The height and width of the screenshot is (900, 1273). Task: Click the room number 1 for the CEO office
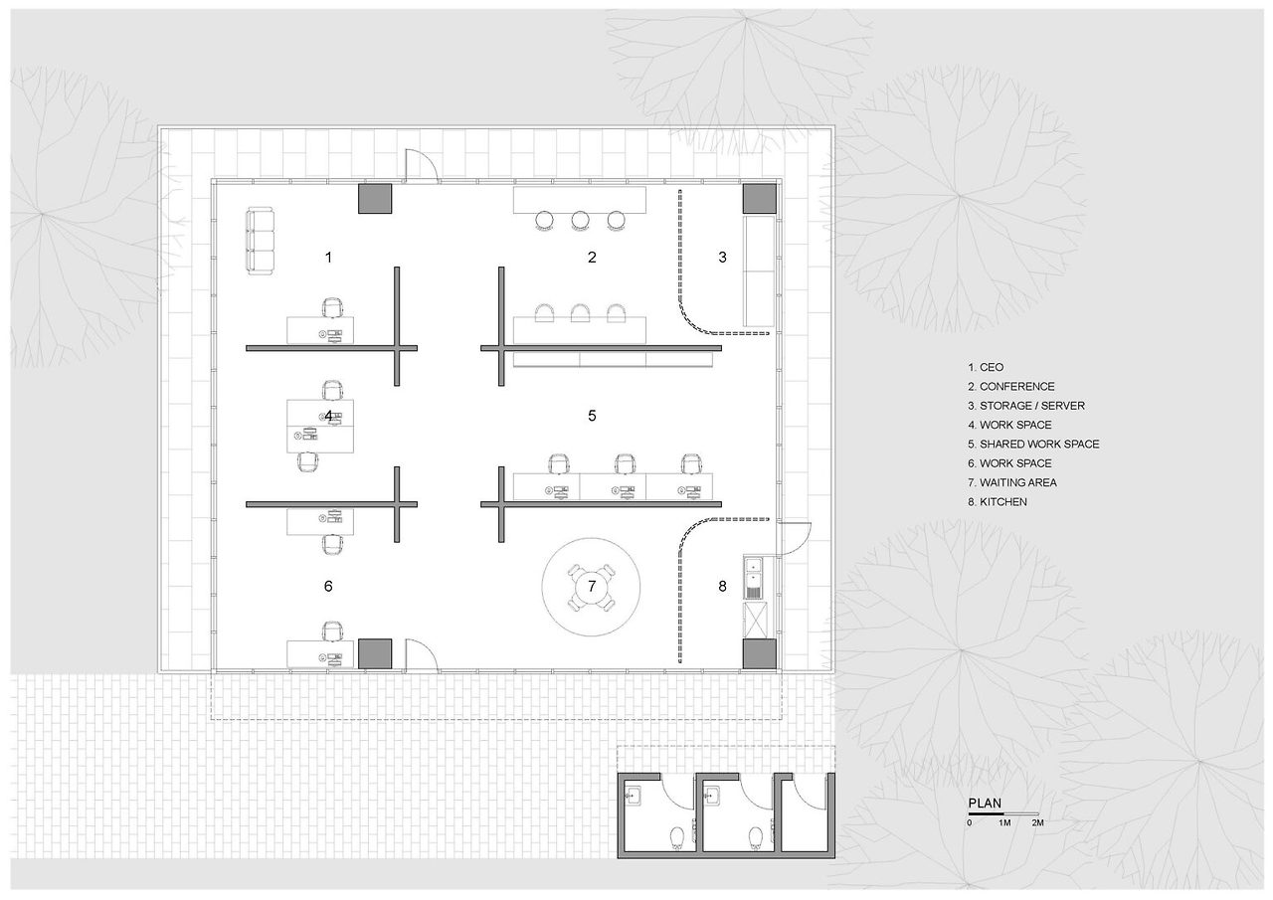pos(328,258)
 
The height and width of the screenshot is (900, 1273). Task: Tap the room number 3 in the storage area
pos(722,258)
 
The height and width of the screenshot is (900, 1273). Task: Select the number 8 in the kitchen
pos(722,586)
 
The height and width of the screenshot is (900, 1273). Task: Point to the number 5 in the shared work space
pos(592,416)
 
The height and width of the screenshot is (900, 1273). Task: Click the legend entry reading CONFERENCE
pos(1016,387)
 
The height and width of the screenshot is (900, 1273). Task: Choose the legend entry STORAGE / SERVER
pos(1032,406)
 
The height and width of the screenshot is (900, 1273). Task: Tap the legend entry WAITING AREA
pos(1017,482)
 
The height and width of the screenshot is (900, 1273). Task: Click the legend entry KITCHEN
pos(1003,501)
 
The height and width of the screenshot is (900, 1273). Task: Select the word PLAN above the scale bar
pos(985,804)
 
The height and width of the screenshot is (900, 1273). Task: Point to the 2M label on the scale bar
pos(1037,822)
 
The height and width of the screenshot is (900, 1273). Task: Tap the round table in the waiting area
pos(592,587)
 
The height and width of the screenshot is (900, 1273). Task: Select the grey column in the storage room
pos(760,199)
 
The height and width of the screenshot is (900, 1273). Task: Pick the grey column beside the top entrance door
pos(375,199)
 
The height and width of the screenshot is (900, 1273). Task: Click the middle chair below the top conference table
pos(580,221)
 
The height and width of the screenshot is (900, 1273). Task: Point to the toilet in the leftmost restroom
pos(677,837)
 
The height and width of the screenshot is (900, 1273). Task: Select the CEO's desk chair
pos(333,308)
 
